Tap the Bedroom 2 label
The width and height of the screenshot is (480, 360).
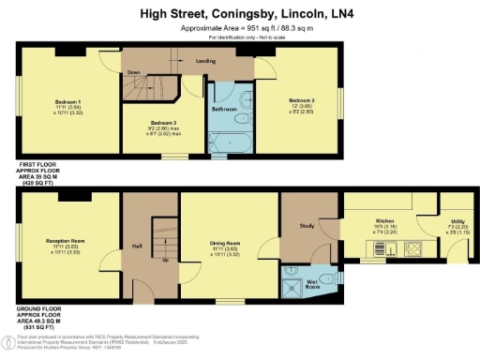pos(300,100)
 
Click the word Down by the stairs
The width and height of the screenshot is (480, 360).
pos(134,71)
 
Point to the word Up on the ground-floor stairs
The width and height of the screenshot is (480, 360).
pos(166,260)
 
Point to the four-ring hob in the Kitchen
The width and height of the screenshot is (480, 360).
pos(413,249)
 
